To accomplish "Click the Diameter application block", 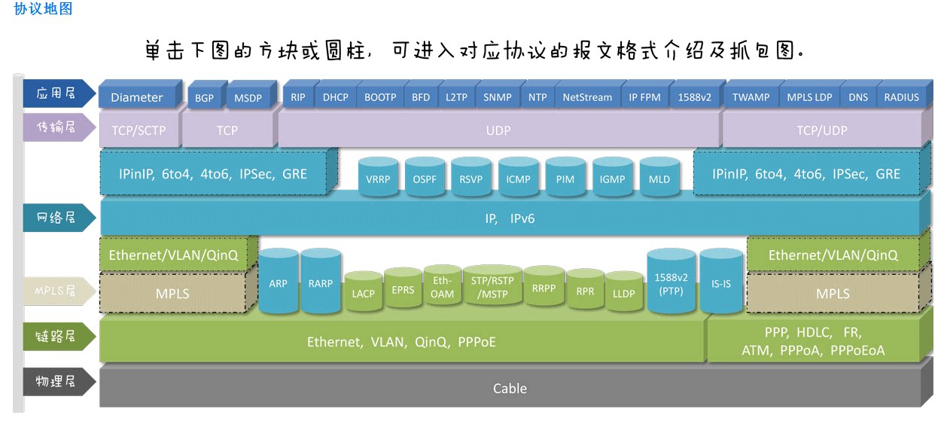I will [x=136, y=97].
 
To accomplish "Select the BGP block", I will [x=204, y=98].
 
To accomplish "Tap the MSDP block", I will [x=248, y=98].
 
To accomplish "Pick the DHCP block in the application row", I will [x=336, y=97].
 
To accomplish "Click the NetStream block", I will [x=587, y=97].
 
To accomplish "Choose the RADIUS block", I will [x=901, y=97].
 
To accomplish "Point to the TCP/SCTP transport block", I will [x=139, y=130].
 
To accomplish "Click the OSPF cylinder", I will [x=425, y=179].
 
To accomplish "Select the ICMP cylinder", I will [x=519, y=179].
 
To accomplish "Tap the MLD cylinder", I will [x=659, y=179].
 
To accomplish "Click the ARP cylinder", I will [x=278, y=283].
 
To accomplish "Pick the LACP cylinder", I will [x=363, y=293].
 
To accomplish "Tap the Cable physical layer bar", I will [x=510, y=389].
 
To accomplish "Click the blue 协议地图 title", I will [x=44, y=9].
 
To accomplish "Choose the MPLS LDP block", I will [x=809, y=97].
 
